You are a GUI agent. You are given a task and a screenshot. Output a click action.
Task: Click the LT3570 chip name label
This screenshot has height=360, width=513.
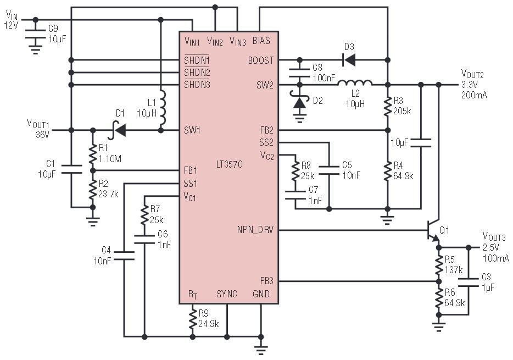coord(230,164)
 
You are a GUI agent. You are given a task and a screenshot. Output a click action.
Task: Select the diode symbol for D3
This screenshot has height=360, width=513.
coord(349,60)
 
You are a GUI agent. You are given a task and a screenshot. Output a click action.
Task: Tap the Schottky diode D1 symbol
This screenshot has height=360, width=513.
coord(119,130)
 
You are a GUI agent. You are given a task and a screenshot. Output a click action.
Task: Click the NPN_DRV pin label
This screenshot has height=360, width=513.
coord(255,230)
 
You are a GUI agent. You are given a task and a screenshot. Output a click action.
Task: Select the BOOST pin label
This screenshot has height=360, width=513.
coord(261,60)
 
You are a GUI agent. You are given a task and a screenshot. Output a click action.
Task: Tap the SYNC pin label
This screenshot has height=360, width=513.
coord(227,294)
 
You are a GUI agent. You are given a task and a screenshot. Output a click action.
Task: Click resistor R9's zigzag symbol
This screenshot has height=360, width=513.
coord(192,319)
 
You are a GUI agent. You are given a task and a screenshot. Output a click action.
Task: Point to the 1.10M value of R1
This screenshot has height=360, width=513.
coord(110,159)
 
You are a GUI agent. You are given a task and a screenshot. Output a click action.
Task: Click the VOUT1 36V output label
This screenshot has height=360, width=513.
coord(38,129)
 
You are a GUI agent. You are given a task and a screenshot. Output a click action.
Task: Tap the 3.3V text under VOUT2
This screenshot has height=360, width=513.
coord(470,85)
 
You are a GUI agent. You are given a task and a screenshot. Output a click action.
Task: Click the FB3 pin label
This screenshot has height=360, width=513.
coord(266,281)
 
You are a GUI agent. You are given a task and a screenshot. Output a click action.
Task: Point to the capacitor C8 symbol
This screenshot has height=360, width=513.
coord(299,73)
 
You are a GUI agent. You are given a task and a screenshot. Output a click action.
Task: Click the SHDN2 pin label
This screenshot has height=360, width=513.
coord(197,72)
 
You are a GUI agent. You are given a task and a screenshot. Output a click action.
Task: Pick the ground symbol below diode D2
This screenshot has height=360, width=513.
coord(299,117)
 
